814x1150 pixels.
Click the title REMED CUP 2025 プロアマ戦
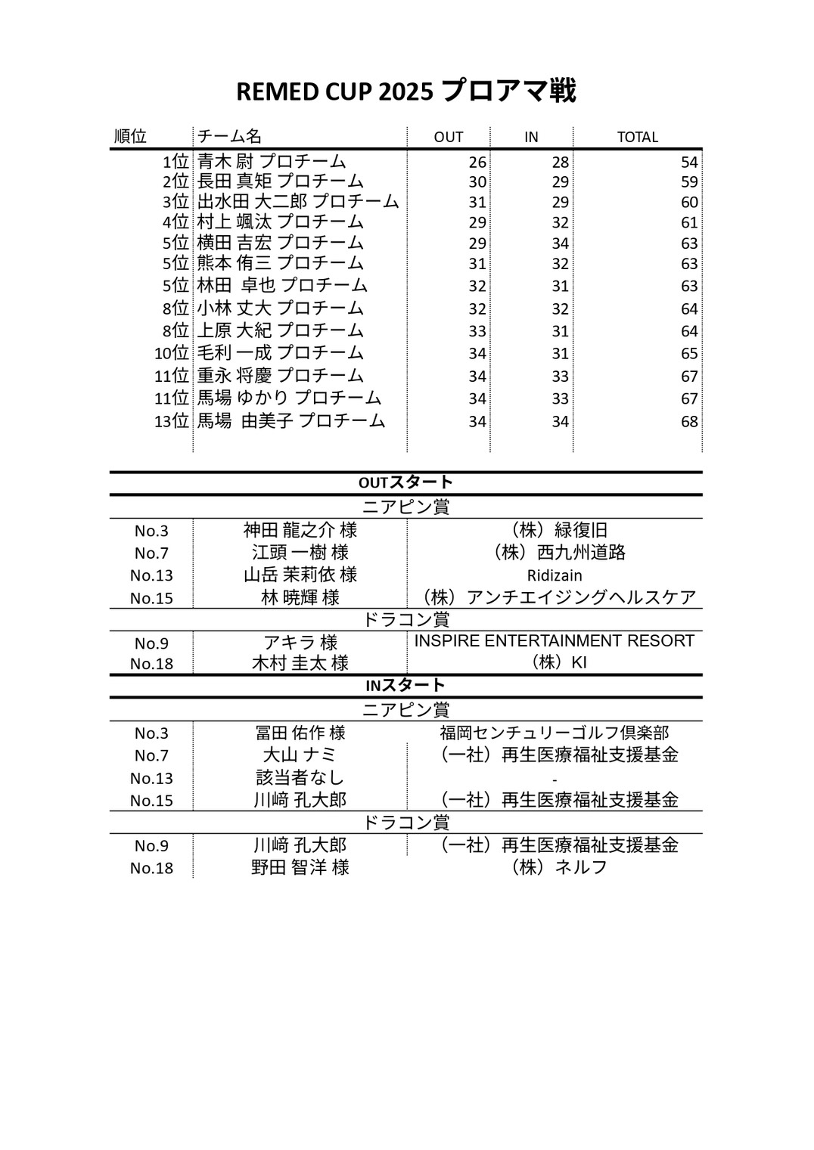[x=406, y=91]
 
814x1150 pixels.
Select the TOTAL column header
[x=637, y=137]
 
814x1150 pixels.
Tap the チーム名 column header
[x=229, y=136]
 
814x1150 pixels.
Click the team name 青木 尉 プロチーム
[x=272, y=161]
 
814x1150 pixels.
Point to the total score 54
[x=688, y=163]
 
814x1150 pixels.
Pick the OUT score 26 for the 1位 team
[x=477, y=163]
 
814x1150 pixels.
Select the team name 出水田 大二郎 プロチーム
[x=298, y=202]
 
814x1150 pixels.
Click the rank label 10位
[x=171, y=353]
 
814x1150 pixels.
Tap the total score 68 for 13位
[x=688, y=421]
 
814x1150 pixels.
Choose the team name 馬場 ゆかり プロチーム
[x=289, y=398]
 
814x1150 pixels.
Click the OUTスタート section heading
[x=405, y=482]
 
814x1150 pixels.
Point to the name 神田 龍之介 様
[x=300, y=530]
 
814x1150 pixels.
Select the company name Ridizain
[x=555, y=575]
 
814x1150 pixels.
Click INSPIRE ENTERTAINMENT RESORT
[x=555, y=641]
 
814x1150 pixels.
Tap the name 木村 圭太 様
[x=300, y=663]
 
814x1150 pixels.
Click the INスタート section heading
[x=405, y=685]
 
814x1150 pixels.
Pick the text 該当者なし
[x=300, y=777]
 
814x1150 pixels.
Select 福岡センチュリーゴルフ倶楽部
[x=555, y=733]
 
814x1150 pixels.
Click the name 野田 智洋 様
[x=300, y=867]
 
